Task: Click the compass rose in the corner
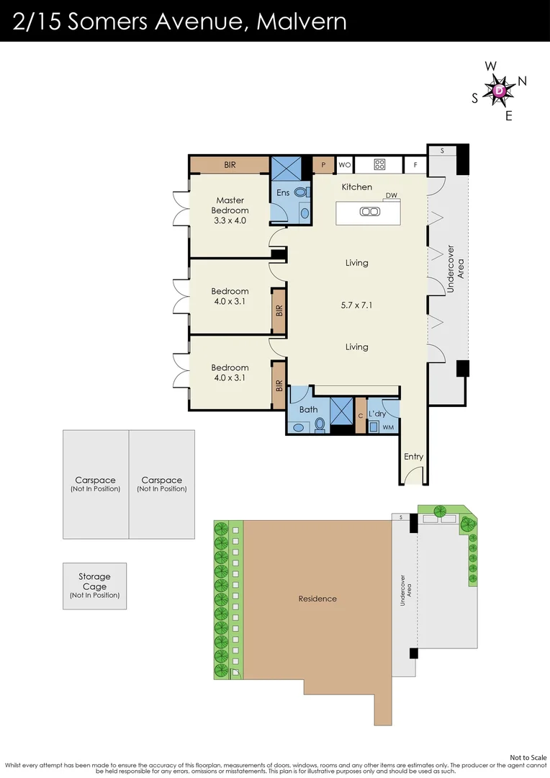pos(500,90)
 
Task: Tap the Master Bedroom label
pos(230,205)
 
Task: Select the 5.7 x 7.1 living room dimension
pos(356,305)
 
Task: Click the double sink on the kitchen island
pos(370,212)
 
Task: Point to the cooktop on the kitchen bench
pos(379,164)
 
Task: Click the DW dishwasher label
pos(392,195)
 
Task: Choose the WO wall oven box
pos(345,165)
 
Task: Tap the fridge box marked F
pos(415,165)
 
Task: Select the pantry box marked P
pos(323,165)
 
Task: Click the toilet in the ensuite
pos(299,192)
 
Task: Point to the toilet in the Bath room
pos(320,424)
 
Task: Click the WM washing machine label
pos(388,427)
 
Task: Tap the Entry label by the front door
pos(414,457)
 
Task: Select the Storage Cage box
pos(95,586)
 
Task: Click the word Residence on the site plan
pos(317,599)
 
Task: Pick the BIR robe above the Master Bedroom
pos(230,165)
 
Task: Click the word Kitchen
pos(356,187)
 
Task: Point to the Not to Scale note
pos(528,758)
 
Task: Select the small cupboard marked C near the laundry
pos(361,416)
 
